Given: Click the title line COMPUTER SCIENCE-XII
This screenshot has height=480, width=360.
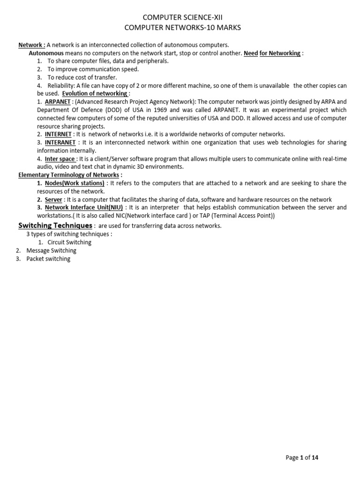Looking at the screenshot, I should tap(183, 17).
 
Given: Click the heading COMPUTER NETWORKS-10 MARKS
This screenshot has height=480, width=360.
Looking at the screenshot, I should tap(183, 28).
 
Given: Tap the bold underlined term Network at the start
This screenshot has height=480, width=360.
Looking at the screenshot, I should tap(31, 45).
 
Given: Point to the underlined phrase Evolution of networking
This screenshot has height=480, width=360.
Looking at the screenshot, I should tap(95, 93).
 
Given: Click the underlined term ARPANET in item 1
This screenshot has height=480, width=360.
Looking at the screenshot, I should tap(58, 102).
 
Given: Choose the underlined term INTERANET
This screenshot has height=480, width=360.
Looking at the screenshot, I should tap(60, 142).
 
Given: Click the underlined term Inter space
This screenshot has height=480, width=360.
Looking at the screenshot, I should tap(60, 159).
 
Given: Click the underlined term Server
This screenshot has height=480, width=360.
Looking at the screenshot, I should tap(53, 199).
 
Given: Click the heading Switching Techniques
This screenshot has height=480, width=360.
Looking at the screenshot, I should tap(55, 226).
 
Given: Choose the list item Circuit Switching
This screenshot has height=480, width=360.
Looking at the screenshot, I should tap(69, 242).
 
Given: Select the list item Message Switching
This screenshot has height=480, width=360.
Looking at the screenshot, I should tap(51, 251).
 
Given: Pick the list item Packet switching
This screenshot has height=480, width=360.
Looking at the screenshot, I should tap(48, 259).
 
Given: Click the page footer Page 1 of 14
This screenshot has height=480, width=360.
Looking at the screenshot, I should tap(304, 458).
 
